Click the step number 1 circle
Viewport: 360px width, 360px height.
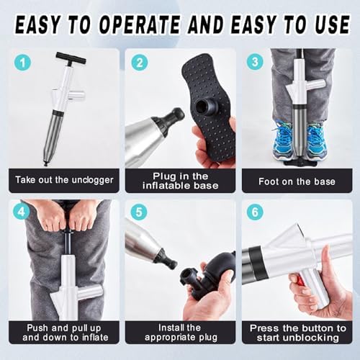[x=24, y=63]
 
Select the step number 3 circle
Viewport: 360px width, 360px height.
[x=254, y=63]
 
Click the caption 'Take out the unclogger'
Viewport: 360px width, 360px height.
[x=63, y=181]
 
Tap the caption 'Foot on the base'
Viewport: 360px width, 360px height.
[x=296, y=181]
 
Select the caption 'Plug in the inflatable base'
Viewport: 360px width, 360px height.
[x=180, y=181]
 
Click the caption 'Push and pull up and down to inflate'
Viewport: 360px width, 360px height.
[x=63, y=331]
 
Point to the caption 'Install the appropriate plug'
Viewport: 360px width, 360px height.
[x=180, y=331]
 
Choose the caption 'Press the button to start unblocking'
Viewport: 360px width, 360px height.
[x=296, y=331]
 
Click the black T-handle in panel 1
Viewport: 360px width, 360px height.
[x=70, y=58]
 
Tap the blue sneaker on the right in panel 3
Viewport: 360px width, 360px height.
[x=316, y=141]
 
